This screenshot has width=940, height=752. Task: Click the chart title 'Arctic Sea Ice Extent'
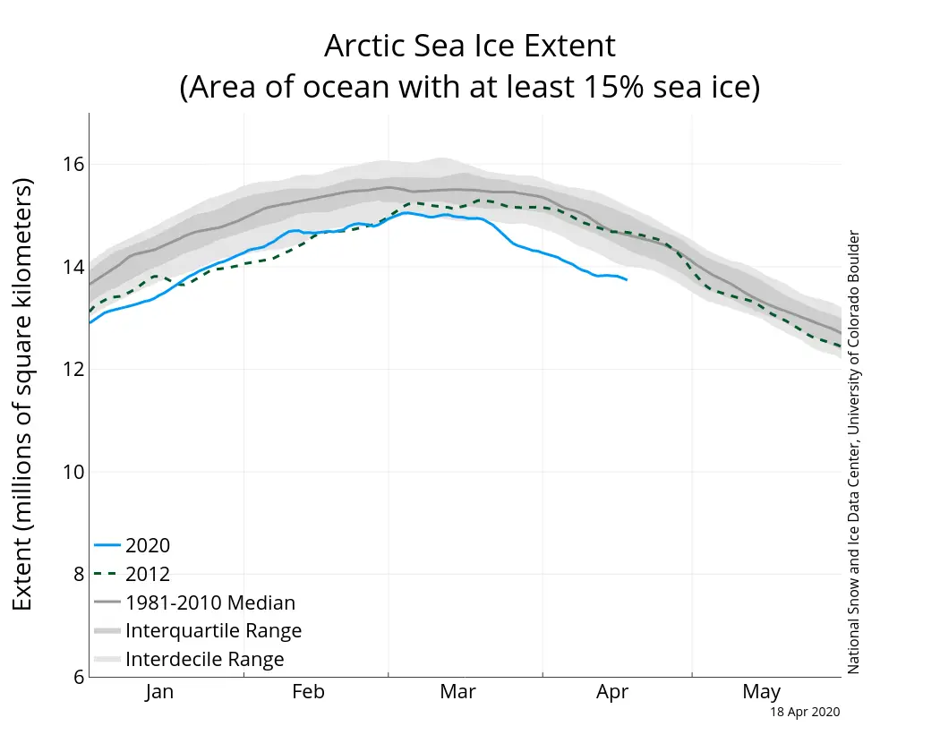(x=469, y=46)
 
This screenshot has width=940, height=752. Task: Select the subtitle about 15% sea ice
(x=469, y=88)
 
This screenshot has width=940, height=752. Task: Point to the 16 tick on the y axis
(x=73, y=164)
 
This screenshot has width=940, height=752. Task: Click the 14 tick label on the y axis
(x=73, y=267)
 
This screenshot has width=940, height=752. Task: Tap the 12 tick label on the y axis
(x=73, y=370)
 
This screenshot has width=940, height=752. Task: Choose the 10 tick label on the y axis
(x=73, y=472)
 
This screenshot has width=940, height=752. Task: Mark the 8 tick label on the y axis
(x=78, y=575)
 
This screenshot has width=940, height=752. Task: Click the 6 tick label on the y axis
(x=78, y=678)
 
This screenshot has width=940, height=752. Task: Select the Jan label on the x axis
(x=159, y=692)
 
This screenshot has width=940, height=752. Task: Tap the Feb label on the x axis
(x=309, y=692)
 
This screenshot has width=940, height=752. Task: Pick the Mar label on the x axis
(x=459, y=692)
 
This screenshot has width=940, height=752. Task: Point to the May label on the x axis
(x=761, y=692)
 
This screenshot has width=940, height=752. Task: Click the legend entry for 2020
(x=148, y=545)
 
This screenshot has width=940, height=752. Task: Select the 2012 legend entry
(x=148, y=574)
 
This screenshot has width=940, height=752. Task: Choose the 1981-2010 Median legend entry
(x=210, y=602)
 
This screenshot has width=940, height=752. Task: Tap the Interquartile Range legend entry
(x=213, y=631)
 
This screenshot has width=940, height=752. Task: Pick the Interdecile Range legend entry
(x=205, y=660)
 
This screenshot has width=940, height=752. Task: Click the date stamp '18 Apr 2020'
(x=805, y=712)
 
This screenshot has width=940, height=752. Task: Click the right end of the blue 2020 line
(x=626, y=280)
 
